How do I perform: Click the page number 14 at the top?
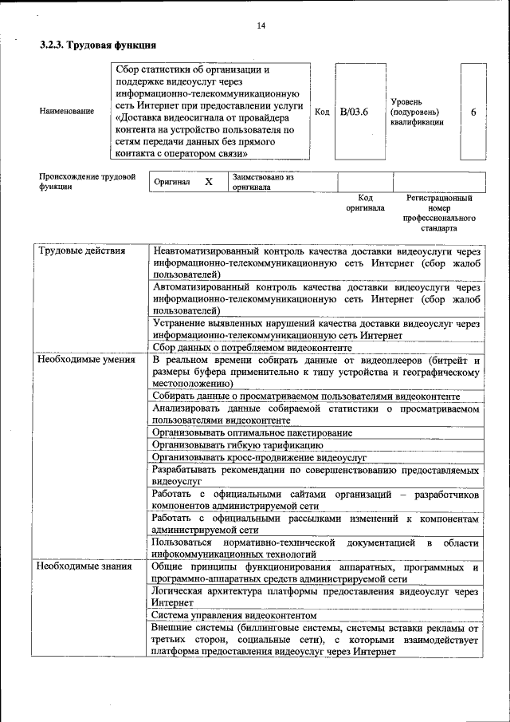pos(261,26)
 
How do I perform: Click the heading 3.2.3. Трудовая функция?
pos(97,45)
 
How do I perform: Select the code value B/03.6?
pos(354,112)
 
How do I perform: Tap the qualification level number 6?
pos(473,112)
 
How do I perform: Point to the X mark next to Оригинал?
pos(209,182)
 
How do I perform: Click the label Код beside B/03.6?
pos(323,112)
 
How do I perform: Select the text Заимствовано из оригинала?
pos(262,182)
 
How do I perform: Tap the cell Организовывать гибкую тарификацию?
pos(237,444)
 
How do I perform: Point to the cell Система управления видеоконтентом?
pos(234,615)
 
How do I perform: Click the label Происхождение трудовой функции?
pos(88,181)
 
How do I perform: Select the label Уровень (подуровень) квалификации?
pos(418,112)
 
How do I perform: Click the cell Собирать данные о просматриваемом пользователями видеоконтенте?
pos(306,396)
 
